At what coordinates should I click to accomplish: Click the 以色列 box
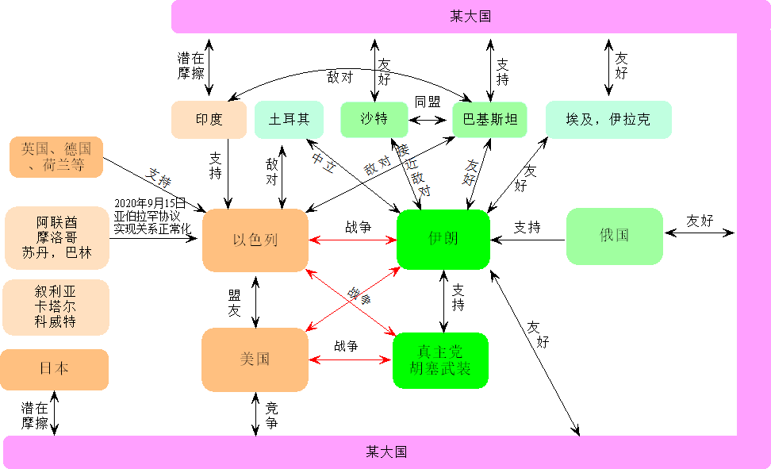[x=255, y=240]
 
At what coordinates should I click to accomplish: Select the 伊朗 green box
[x=443, y=239]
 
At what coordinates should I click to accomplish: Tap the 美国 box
[x=255, y=359]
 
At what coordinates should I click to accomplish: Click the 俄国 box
[x=614, y=236]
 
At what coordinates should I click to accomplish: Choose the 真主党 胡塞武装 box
[x=439, y=360]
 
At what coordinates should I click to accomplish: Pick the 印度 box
[x=209, y=120]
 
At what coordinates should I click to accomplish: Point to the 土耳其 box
[x=289, y=120]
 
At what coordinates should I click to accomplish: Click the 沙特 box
[x=374, y=120]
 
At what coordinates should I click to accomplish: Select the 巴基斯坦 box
[x=489, y=120]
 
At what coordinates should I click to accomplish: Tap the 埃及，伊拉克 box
[x=608, y=120]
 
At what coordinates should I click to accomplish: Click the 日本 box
[x=54, y=369]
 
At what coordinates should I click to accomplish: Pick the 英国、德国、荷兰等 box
[x=56, y=157]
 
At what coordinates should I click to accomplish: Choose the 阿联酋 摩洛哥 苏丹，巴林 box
[x=56, y=236]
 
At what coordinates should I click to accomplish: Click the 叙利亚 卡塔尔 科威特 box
[x=56, y=306]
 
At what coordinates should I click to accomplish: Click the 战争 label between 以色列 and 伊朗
[x=358, y=227]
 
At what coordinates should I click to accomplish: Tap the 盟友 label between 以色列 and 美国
[x=234, y=303]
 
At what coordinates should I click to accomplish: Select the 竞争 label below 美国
[x=271, y=416]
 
